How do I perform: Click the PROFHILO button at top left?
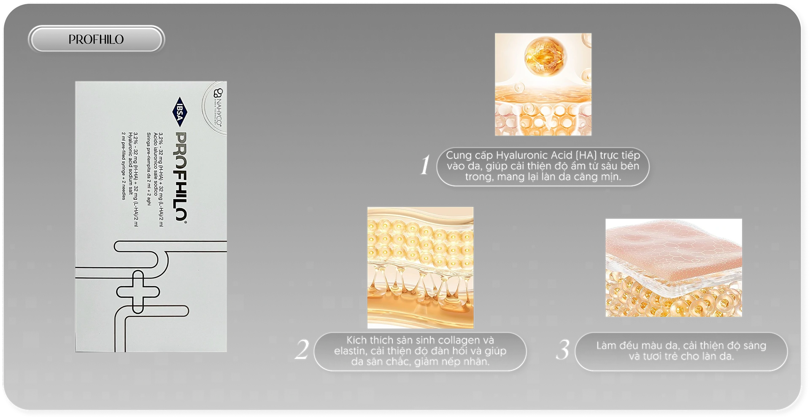(96, 39)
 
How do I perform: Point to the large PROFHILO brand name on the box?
(181, 177)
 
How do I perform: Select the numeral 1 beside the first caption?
(425, 165)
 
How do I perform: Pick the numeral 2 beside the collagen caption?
(302, 350)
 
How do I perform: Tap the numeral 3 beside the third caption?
(563, 350)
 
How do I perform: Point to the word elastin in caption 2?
(351, 351)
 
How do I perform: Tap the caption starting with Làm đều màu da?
(681, 351)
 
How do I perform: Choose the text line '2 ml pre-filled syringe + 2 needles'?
(124, 166)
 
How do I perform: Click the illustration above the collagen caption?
(420, 268)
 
